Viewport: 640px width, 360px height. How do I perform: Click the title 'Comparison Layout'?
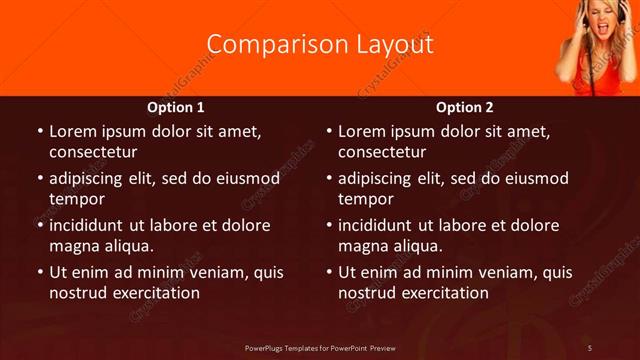click(x=320, y=45)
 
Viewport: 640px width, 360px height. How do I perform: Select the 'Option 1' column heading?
click(x=176, y=107)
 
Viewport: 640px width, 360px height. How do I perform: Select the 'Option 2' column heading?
click(x=465, y=107)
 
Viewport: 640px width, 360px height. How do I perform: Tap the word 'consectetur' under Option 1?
click(x=93, y=152)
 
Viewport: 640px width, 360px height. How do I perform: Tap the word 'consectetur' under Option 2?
click(x=382, y=152)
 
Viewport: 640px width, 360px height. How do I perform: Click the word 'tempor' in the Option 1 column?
click(x=76, y=199)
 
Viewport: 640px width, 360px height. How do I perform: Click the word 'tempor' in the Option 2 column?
click(x=365, y=199)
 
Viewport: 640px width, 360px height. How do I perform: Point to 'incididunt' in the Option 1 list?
click(x=88, y=225)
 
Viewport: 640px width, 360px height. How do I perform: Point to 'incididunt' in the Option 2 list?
click(x=377, y=225)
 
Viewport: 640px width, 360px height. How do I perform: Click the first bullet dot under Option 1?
click(x=39, y=132)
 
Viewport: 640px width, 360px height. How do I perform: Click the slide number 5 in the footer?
click(x=591, y=347)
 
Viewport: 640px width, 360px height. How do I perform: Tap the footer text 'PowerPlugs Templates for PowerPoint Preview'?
click(x=320, y=347)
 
